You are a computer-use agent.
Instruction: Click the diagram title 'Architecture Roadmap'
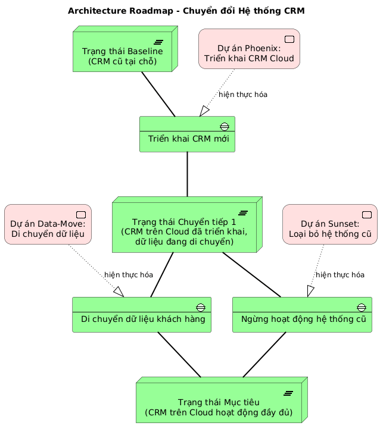click(x=190, y=11)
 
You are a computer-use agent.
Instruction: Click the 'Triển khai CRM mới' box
click(x=187, y=138)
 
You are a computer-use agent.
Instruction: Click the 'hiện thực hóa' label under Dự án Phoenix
click(x=242, y=95)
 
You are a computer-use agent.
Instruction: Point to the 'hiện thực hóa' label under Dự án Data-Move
click(x=129, y=275)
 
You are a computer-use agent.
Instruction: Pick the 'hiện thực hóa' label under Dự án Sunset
click(x=339, y=275)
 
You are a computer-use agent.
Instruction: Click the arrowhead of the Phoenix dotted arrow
click(x=204, y=111)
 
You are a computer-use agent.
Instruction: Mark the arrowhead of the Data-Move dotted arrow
click(x=117, y=291)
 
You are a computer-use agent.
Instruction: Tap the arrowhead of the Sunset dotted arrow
click(x=310, y=291)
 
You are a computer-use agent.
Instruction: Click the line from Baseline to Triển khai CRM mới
click(x=158, y=94)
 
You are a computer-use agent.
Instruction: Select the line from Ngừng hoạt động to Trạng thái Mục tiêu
click(x=264, y=354)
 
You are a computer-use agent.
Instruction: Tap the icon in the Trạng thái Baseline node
click(x=159, y=41)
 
